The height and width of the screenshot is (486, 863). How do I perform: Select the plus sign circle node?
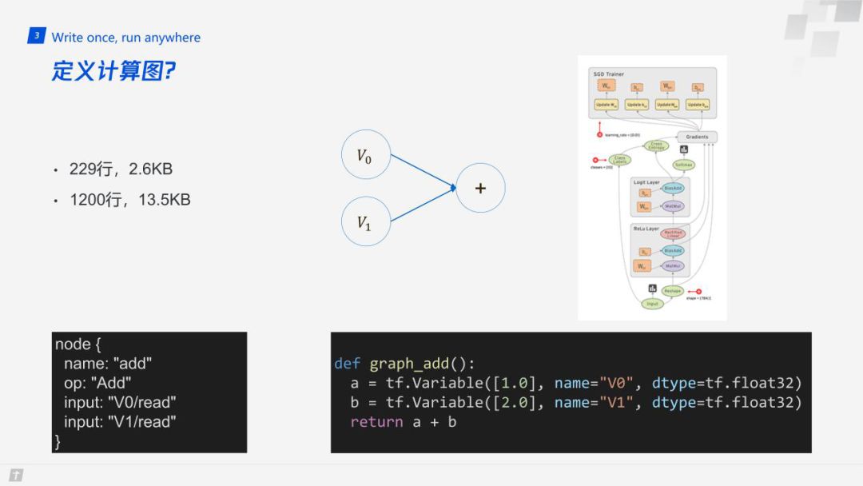click(480, 188)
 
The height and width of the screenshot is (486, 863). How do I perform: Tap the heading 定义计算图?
click(113, 70)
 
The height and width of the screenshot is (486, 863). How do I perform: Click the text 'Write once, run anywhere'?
click(126, 38)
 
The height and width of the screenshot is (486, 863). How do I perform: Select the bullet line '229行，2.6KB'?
click(121, 169)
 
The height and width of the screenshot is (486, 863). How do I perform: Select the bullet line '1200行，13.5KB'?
click(130, 200)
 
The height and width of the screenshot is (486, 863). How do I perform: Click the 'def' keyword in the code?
click(348, 364)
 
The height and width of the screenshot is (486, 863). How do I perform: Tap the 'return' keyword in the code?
click(376, 421)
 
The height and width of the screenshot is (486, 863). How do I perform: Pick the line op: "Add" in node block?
click(97, 383)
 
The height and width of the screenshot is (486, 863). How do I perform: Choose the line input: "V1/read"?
click(120, 421)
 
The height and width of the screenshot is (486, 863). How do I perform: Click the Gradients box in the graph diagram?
click(696, 137)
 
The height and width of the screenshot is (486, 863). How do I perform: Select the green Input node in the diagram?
click(653, 303)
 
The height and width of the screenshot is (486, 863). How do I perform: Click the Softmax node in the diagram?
click(683, 165)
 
